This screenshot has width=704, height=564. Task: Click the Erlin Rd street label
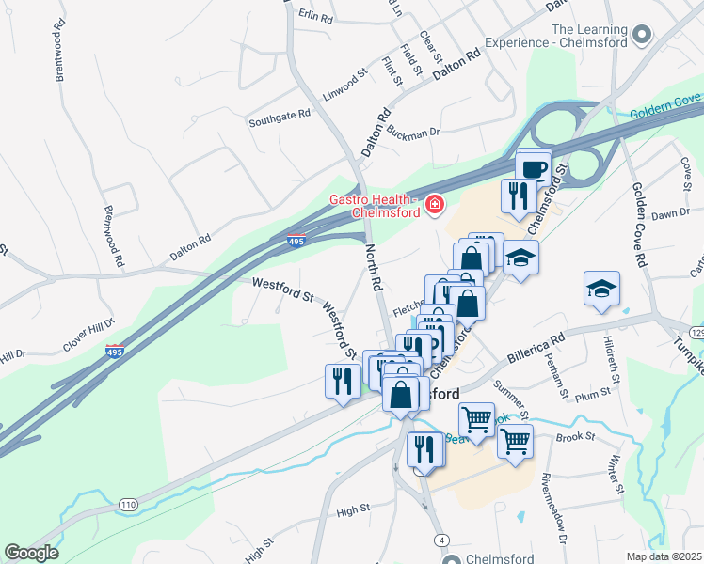315,18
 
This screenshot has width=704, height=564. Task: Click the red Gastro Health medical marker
434,204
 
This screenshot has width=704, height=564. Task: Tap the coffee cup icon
534,169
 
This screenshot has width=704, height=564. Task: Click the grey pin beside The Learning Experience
643,35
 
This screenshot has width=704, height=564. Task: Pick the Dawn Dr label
671,214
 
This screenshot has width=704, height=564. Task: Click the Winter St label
616,475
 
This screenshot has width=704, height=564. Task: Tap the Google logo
31,552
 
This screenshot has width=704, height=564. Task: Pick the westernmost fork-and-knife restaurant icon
341,380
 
